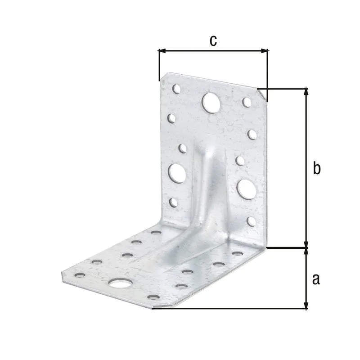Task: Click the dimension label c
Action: (x=213, y=40)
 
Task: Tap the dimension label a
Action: (x=316, y=279)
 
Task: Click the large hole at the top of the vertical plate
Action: (x=210, y=102)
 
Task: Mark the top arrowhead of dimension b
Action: (x=306, y=91)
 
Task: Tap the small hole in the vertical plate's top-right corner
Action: (x=246, y=102)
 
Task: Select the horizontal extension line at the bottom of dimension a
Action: (x=229, y=309)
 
